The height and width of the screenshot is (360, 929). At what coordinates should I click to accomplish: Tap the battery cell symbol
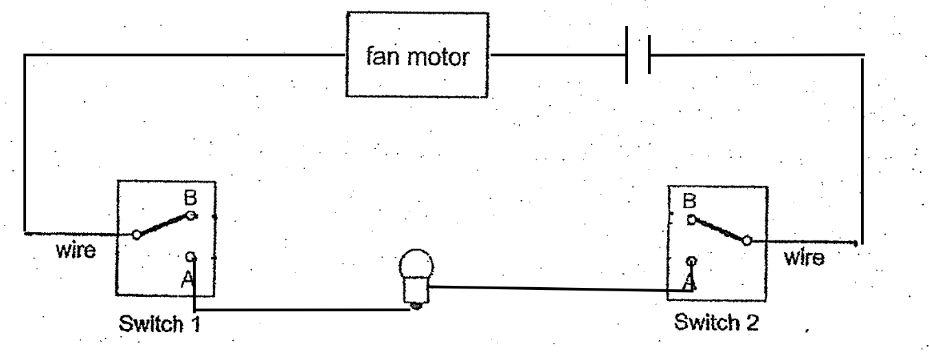(x=638, y=55)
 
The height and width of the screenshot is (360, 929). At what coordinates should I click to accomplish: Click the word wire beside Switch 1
(x=76, y=249)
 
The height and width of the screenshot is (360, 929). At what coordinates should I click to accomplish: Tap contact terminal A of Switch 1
(x=193, y=257)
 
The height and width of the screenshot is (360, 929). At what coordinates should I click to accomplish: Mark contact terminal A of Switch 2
(x=691, y=261)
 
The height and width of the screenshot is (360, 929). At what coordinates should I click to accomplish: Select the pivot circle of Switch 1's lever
(x=136, y=235)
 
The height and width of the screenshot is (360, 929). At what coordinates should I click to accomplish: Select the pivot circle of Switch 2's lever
(x=746, y=240)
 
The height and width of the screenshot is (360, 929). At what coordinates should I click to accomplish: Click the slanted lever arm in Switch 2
(x=718, y=230)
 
